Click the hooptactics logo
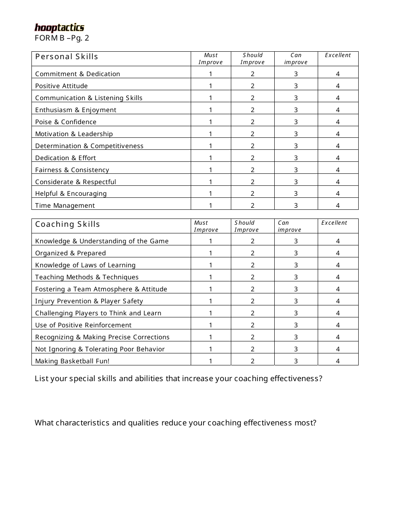[x=59, y=28]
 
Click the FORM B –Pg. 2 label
[x=62, y=38]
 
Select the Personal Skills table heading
[x=67, y=57]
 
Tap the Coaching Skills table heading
[x=67, y=224]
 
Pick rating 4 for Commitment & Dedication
[x=338, y=74]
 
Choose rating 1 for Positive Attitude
[x=211, y=86]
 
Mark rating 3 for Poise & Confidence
[x=296, y=122]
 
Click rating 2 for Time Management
[x=252, y=206]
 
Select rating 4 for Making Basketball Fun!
[x=338, y=361]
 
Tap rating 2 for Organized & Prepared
[x=252, y=253]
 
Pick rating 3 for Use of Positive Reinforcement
[x=296, y=325]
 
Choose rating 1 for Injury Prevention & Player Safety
[x=211, y=301]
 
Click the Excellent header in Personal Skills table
[x=338, y=55]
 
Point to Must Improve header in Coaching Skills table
[x=206, y=226]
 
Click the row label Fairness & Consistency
[x=72, y=170]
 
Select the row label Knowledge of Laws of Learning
[x=85, y=265]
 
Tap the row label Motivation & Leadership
[x=74, y=134]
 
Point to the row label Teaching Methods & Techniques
[x=87, y=277]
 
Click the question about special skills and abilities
[x=178, y=379]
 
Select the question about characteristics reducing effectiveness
[x=175, y=423]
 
